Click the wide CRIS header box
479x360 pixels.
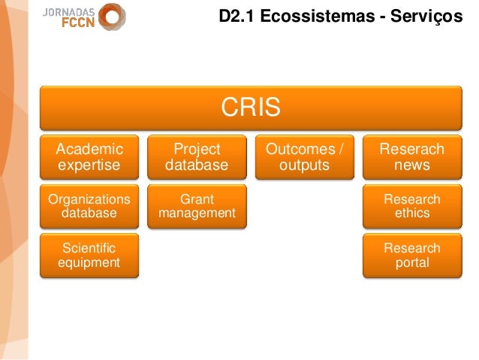(250, 107)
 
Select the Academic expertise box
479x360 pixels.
(89, 156)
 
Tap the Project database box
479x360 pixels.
(197, 156)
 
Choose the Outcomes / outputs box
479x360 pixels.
(304, 156)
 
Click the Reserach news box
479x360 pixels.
(411, 156)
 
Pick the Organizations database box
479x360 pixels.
(89, 206)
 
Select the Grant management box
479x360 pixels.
(197, 206)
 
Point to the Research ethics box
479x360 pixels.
(411, 206)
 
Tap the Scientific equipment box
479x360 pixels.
(89, 256)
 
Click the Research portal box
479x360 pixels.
(411, 256)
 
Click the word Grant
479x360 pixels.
(197, 199)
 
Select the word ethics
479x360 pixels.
(411, 213)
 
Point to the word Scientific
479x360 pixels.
(89, 248)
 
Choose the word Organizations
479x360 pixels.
(89, 199)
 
